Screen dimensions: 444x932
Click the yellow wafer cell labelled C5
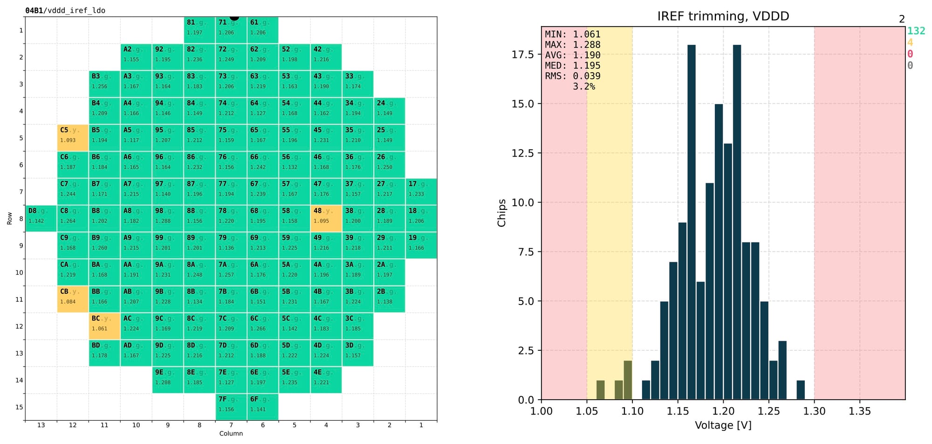click(73, 138)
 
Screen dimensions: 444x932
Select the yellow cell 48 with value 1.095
click(326, 218)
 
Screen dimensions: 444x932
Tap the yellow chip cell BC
click(104, 326)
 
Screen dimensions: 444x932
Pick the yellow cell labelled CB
click(73, 299)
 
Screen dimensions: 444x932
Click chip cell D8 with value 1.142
click(41, 218)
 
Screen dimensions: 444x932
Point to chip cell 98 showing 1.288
click(168, 218)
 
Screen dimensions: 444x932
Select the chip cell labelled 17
click(421, 191)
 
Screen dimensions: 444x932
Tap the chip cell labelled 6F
click(263, 407)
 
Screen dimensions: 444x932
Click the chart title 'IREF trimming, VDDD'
click(723, 16)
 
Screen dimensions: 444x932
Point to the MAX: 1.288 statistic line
click(573, 45)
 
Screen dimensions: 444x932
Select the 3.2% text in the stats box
click(584, 87)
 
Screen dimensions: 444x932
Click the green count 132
click(916, 31)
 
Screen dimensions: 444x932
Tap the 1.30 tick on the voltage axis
click(814, 411)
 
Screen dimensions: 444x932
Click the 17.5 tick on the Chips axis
click(522, 55)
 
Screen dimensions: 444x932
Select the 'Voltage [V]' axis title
click(723, 425)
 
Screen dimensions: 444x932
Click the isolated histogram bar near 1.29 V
click(801, 390)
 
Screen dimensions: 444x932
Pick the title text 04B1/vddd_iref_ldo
click(65, 10)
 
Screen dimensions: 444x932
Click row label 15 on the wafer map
click(19, 407)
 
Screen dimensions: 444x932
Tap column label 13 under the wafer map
click(41, 425)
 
